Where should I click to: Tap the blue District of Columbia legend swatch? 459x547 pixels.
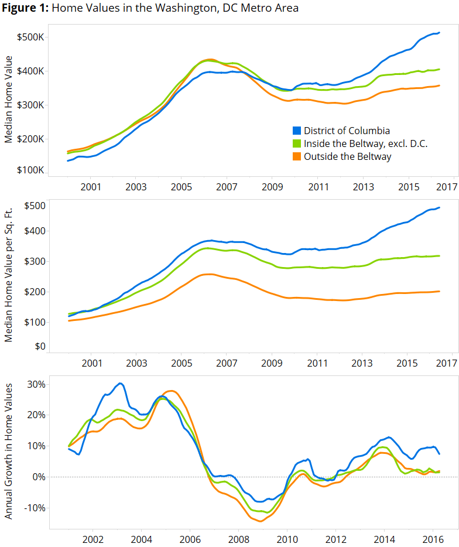tap(296, 131)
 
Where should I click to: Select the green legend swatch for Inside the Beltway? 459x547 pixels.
tap(296, 143)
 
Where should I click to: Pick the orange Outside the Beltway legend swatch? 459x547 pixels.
tap(296, 156)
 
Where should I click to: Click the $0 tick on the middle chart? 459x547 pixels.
tap(39, 346)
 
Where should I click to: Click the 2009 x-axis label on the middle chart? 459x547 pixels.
tap(272, 363)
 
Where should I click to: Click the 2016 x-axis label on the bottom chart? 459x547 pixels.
tap(431, 539)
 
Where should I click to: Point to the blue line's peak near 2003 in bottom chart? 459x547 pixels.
tap(120, 384)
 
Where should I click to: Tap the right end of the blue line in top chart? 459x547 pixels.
tap(439, 33)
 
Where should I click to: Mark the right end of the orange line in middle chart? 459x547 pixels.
tap(439, 291)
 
